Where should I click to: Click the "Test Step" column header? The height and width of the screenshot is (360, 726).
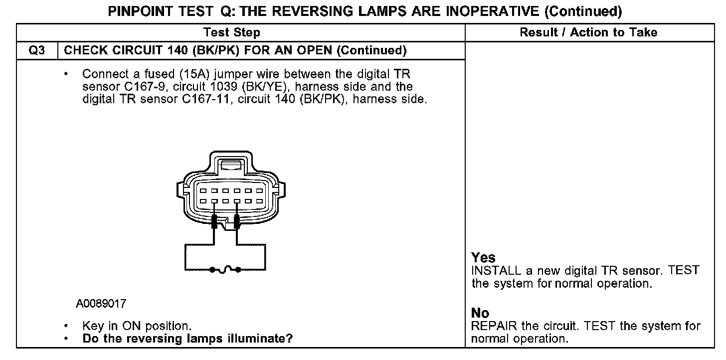[231, 33]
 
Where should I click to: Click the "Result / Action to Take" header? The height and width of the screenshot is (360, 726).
[588, 33]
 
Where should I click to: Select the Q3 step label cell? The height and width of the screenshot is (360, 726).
[37, 50]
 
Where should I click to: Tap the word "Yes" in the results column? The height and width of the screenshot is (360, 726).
[483, 258]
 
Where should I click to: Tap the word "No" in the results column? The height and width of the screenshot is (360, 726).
[480, 313]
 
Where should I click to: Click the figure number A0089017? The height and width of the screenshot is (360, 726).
[101, 304]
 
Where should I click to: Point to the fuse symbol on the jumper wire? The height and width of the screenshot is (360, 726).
[225, 270]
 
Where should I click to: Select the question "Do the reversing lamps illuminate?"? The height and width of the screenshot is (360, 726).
[187, 339]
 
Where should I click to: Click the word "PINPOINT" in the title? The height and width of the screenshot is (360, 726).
[142, 11]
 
